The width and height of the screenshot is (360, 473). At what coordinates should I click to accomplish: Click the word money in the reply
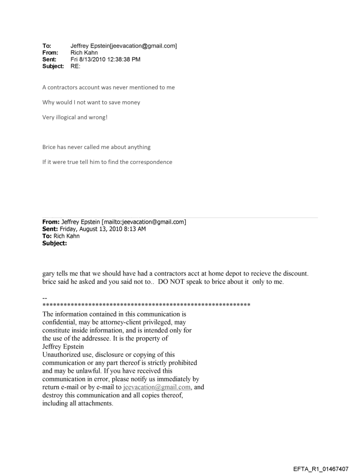(x=130, y=102)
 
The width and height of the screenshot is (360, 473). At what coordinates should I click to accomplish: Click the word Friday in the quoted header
(x=67, y=228)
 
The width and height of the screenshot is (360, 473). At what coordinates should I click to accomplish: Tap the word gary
(x=49, y=274)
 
